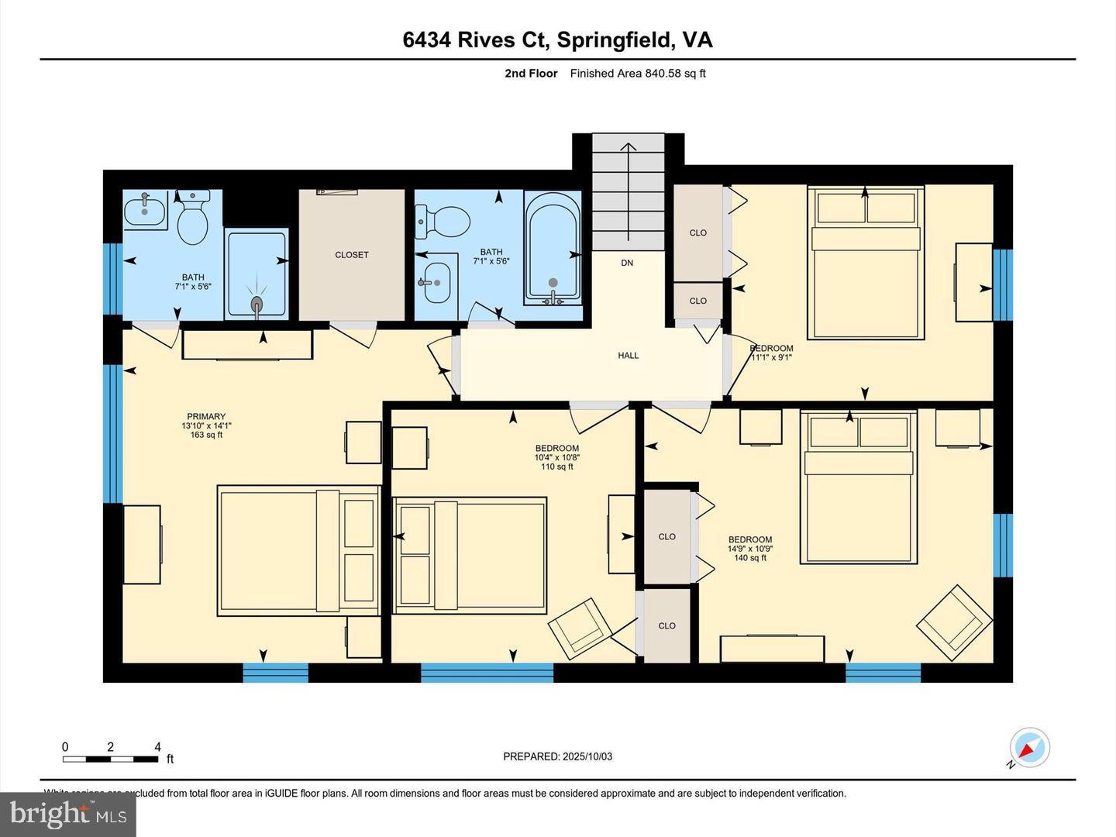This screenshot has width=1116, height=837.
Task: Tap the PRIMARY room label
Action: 206,417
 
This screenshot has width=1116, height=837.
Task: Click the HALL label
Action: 628,356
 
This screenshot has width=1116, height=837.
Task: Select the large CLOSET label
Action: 352,255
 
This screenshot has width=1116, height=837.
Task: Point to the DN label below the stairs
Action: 627,263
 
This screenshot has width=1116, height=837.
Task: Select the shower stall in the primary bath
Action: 257,273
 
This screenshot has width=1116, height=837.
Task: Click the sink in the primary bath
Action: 144,211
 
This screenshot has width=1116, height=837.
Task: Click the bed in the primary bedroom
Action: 298,551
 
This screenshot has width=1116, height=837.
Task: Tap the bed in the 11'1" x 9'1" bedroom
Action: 866,263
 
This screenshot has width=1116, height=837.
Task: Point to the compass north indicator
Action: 1030,749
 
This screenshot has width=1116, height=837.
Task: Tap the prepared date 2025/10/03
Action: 557,756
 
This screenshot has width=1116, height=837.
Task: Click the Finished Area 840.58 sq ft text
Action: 637,74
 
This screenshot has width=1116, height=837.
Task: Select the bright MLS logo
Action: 68,814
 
